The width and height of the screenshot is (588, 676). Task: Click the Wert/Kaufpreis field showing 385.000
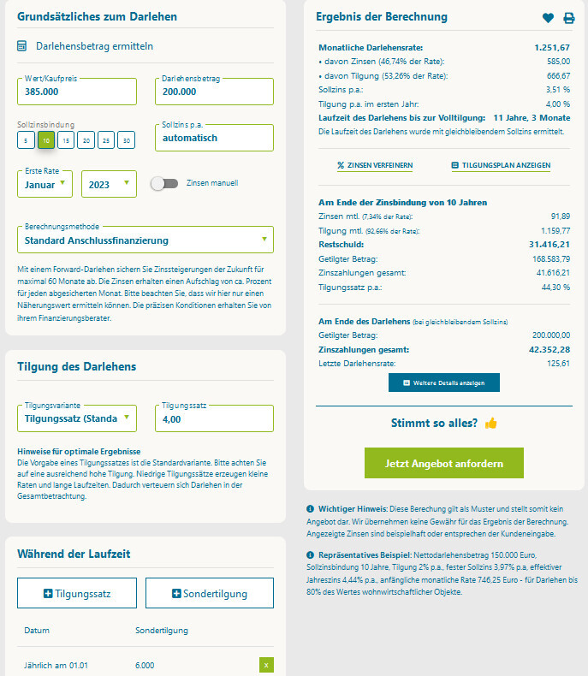[x=76, y=92]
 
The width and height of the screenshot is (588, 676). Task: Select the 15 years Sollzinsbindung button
[x=67, y=139]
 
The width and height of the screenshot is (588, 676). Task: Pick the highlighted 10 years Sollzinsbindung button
[x=46, y=139]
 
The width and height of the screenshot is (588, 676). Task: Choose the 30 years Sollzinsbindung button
[x=127, y=139]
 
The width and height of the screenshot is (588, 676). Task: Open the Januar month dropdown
[x=45, y=184]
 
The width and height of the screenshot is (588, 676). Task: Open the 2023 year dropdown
[x=109, y=184]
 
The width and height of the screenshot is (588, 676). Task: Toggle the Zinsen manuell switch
[x=163, y=183]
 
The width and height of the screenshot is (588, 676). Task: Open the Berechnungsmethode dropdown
[x=145, y=240]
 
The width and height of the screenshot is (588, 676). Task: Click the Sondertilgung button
[x=209, y=593]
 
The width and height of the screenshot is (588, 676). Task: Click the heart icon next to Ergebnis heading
[x=549, y=18]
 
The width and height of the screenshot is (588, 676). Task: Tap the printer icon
[x=569, y=18]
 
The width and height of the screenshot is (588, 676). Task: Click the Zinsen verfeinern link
[x=375, y=165]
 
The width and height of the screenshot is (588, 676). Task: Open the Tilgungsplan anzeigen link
[x=501, y=165]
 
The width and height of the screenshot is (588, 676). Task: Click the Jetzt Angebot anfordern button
[x=443, y=463]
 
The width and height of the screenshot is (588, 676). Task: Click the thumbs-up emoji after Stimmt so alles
[x=491, y=423]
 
